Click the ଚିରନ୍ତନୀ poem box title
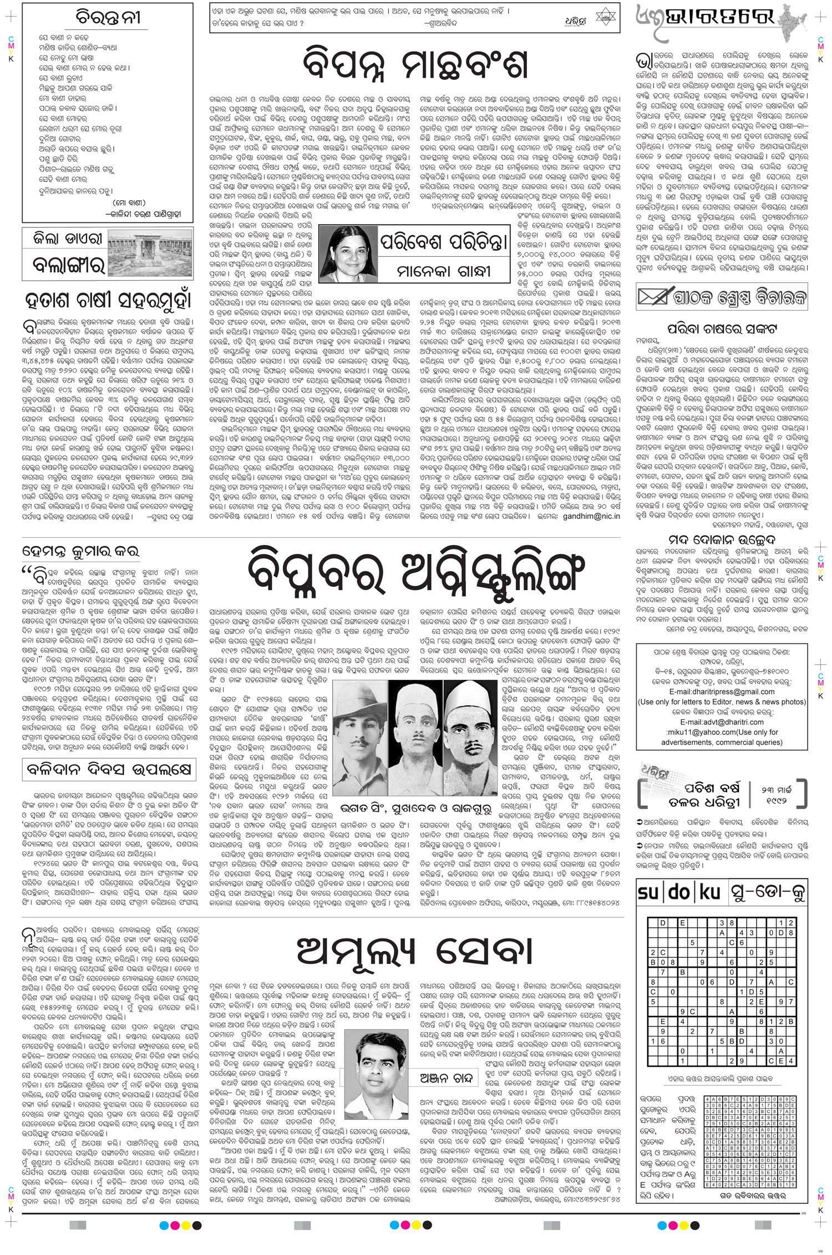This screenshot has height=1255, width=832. pyautogui.click(x=108, y=18)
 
